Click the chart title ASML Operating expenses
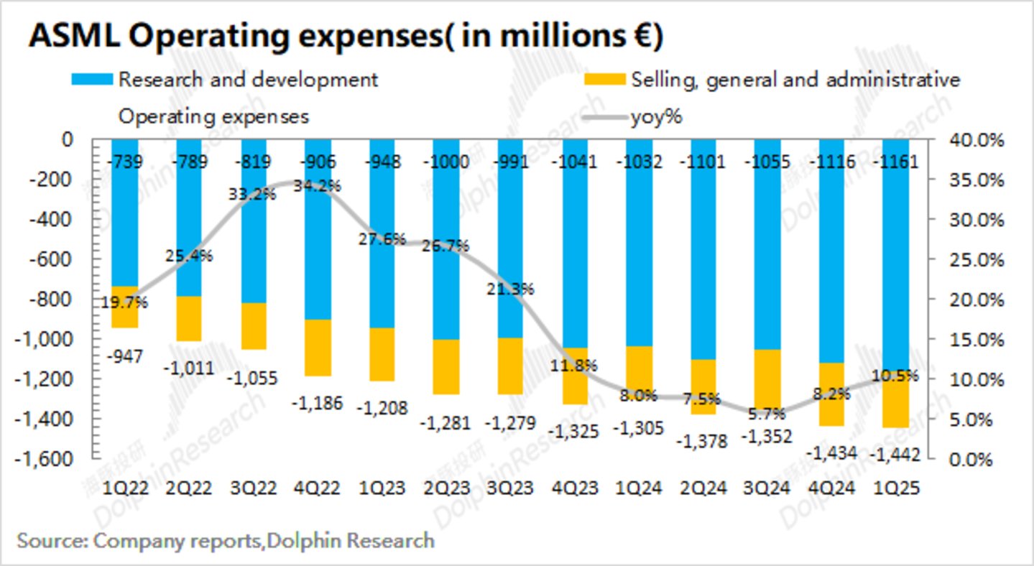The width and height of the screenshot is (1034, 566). pyautogui.click(x=345, y=36)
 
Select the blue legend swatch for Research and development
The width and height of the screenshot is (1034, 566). pyautogui.click(x=92, y=79)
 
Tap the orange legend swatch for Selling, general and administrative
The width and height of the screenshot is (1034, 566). pyautogui.click(x=606, y=79)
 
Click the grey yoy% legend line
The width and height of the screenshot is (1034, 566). pyautogui.click(x=606, y=117)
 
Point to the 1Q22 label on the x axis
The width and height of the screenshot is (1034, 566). pyautogui.click(x=126, y=488)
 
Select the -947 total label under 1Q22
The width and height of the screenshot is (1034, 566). pyautogui.click(x=126, y=356)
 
